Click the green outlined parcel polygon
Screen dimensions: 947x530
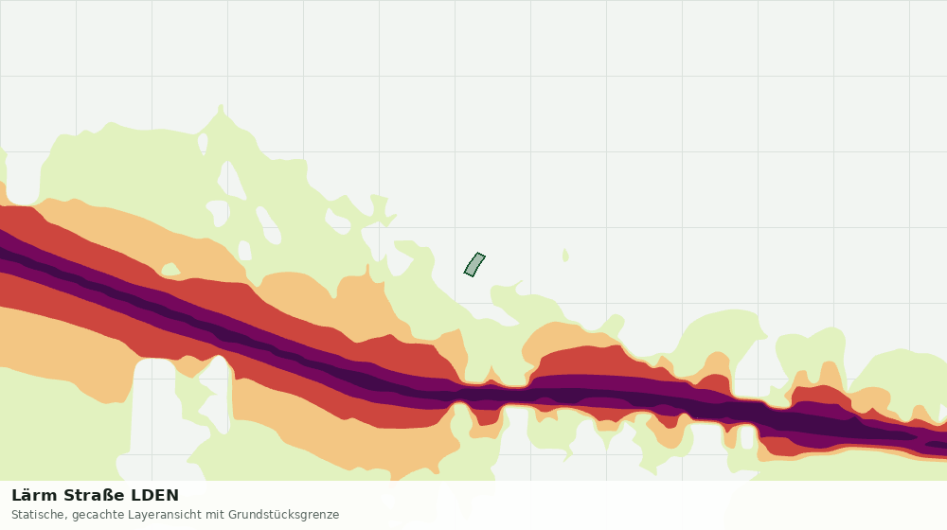(x=474, y=265)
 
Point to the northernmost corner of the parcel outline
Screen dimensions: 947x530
(x=477, y=253)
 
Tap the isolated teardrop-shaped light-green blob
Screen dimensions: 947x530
(x=565, y=256)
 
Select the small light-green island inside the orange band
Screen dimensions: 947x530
(x=170, y=269)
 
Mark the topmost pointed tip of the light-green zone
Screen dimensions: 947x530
(x=221, y=105)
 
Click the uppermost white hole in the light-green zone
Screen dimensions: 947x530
(x=203, y=143)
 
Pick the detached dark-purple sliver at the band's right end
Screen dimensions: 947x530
(x=937, y=446)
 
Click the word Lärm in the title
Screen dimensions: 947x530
(x=35, y=496)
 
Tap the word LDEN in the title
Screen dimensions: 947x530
(x=155, y=496)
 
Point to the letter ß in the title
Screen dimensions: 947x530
(x=107, y=496)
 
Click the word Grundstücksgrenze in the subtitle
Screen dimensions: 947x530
(x=283, y=516)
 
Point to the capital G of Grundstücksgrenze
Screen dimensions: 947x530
(x=232, y=514)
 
